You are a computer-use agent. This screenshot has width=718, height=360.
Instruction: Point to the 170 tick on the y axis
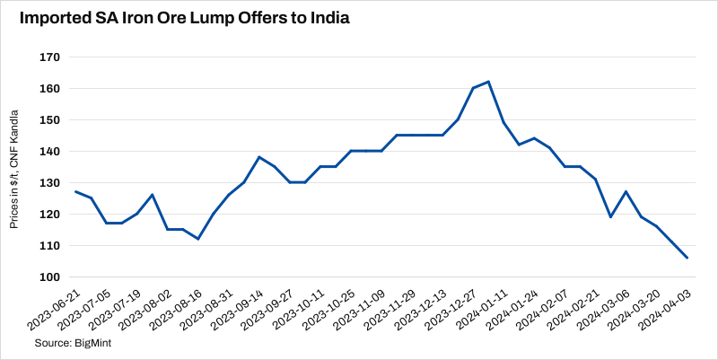[48, 57]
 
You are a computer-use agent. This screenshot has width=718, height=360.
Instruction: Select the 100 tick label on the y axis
[48, 277]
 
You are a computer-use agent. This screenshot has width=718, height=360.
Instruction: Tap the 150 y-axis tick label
[48, 119]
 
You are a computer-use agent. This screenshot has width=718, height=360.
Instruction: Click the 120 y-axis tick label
[48, 214]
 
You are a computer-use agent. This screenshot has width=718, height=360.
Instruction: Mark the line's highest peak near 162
[487, 82]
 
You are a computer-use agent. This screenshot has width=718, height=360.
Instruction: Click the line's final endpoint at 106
[687, 258]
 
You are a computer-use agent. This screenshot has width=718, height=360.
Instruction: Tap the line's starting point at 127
[75, 191]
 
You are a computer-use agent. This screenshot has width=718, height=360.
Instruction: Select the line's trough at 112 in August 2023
[197, 239]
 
